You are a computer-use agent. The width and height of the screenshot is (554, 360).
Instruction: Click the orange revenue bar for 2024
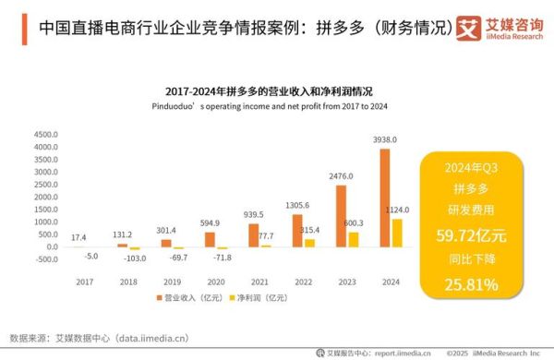[x=385, y=198]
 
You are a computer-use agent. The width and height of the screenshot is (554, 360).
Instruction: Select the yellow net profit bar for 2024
[x=396, y=233]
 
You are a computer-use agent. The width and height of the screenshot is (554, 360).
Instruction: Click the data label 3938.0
[x=385, y=139]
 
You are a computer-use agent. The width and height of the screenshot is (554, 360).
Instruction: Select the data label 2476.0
[x=341, y=175]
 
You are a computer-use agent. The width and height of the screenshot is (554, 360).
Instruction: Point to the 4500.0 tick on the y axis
[x=44, y=135]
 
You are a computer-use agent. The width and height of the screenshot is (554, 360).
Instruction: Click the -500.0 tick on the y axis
[x=44, y=259]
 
